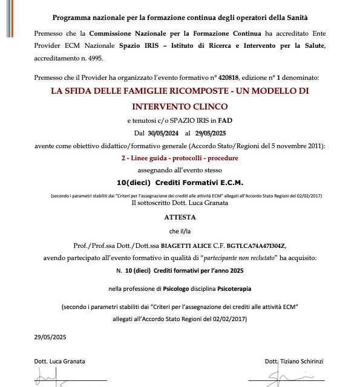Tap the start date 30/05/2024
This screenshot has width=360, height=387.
click(156, 132)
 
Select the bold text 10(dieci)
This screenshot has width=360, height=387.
click(134, 181)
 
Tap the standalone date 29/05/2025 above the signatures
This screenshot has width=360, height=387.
click(50, 338)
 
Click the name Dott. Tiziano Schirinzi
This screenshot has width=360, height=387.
click(294, 362)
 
